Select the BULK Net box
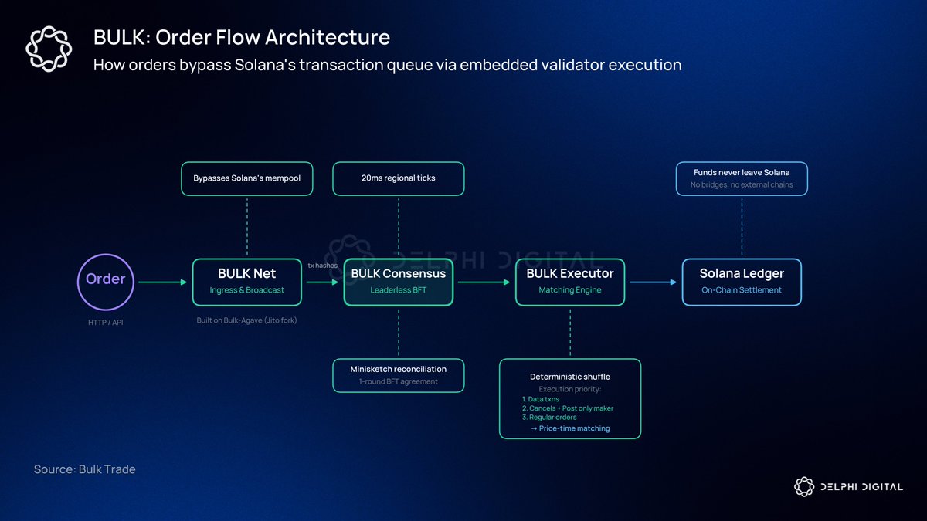246,282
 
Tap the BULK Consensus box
398,282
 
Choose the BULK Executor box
570,282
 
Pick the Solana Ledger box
742,282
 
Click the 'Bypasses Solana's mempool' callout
246,178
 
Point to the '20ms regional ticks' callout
398,178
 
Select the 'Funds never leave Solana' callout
741,178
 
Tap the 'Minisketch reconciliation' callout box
398,375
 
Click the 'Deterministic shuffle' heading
570,377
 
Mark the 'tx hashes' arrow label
323,266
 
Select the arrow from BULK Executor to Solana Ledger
654,282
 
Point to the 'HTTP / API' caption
106,322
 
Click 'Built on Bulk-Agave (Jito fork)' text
246,320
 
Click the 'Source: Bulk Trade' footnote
84,469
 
